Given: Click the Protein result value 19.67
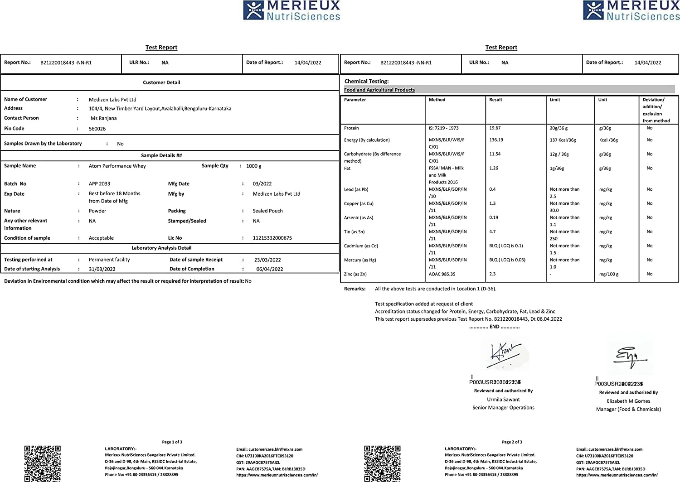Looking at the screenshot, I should click(x=495, y=128).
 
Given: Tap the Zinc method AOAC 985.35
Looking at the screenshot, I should click(x=442, y=274).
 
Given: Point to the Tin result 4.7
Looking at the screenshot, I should click(x=492, y=231).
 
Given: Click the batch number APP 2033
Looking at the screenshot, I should click(x=99, y=184).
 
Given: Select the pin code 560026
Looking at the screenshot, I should click(x=97, y=129).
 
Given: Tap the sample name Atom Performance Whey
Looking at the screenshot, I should click(x=117, y=166).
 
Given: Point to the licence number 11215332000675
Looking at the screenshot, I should click(x=272, y=238).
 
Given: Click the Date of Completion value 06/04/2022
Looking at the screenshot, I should click(x=269, y=269).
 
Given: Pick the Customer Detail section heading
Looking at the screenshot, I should click(x=161, y=82).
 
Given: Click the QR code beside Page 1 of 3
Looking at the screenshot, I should click(x=42, y=463).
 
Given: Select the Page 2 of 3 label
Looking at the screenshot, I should click(x=512, y=442).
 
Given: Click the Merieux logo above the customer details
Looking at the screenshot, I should click(x=291, y=10).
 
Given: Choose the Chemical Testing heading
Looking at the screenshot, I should click(x=366, y=82).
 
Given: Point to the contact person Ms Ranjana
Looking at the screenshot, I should click(x=103, y=118).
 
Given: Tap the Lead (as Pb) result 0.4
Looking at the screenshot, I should click(x=492, y=189).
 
